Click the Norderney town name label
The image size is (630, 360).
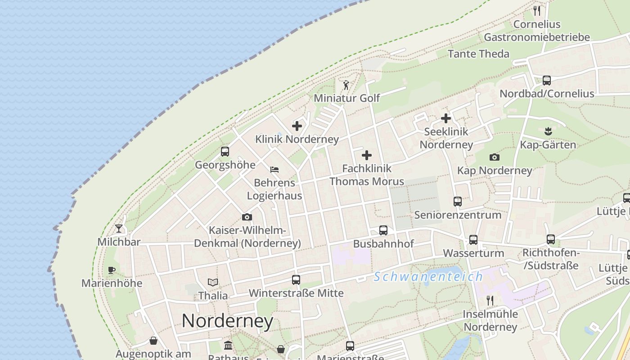coord(227,321)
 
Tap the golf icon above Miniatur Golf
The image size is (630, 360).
coord(346,85)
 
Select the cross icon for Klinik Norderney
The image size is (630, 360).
coord(297,126)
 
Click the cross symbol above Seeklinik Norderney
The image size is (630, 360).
coord(446,118)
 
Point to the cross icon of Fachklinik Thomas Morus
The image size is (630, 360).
coord(367,156)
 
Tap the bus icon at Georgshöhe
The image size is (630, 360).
coord(225,152)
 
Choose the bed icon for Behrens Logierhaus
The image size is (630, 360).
coord(274,170)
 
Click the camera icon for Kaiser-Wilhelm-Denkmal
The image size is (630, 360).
coord(247,217)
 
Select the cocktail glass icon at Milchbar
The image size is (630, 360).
coord(119,229)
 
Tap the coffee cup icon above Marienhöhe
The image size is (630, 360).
coord(112,270)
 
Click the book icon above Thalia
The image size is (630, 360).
coord(213,282)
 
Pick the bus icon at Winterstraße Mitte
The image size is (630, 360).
coord(296,280)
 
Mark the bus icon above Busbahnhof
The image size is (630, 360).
coord(383,230)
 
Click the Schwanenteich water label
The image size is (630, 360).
coord(428,277)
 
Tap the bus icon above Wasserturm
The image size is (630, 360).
coord(473,240)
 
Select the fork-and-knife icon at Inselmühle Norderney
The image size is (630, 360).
coord(490,300)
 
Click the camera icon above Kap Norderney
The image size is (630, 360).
coord(495,157)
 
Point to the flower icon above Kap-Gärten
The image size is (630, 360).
coord(548,131)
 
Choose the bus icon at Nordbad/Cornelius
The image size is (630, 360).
coord(547,81)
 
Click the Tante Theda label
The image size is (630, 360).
coord(478,54)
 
